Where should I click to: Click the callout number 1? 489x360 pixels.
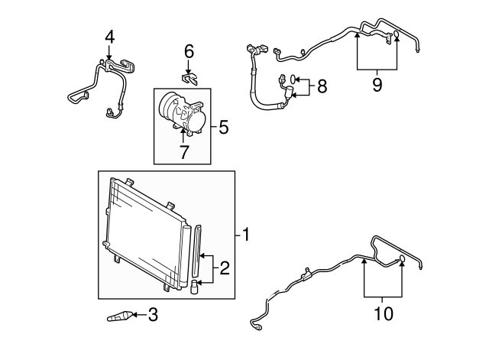coord(245,234)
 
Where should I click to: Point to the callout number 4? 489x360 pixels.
coord(109,36)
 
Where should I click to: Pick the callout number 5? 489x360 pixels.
coord(224,127)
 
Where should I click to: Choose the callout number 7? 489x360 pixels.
coord(183,151)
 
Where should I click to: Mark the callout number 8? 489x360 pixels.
coord(322,86)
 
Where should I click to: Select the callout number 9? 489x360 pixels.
coord(377,85)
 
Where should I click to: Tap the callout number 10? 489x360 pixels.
coord(384,313)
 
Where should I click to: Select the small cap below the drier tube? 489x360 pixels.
coord(195,286)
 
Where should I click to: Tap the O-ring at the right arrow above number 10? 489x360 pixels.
coord(402,261)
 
